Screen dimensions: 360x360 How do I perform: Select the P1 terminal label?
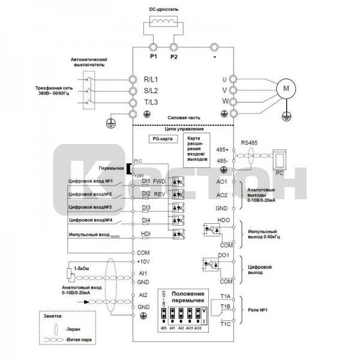(x=152, y=56)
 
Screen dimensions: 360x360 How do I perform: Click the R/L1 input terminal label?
(x=150, y=79)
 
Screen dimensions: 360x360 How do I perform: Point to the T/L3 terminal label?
(x=150, y=103)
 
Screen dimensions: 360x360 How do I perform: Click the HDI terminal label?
(x=145, y=234)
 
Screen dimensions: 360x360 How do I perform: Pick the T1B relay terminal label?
(x=226, y=307)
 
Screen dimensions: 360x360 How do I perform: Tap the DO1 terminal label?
(x=224, y=256)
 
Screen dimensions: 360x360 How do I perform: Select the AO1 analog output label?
(x=221, y=181)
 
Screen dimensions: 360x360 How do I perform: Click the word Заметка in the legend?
(x=58, y=314)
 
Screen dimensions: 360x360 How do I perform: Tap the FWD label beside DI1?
(x=159, y=181)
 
